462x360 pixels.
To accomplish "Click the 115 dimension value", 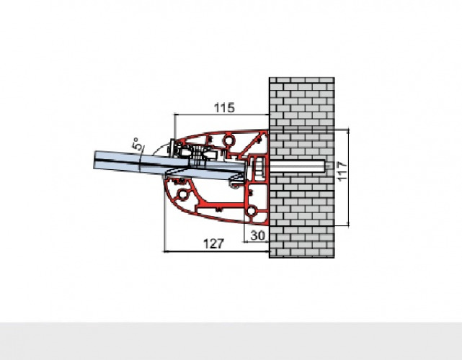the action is pyautogui.click(x=224, y=108).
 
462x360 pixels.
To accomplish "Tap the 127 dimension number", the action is pyautogui.click(x=213, y=244).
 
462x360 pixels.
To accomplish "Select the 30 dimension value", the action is pyautogui.click(x=258, y=235).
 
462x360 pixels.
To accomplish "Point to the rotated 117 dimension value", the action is pyautogui.click(x=342, y=171).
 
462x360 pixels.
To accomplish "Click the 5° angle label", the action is pyautogui.click(x=138, y=144).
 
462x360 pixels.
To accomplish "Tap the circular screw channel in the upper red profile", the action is pyautogui.click(x=228, y=140).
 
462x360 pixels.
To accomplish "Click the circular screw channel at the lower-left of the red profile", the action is pyautogui.click(x=182, y=194).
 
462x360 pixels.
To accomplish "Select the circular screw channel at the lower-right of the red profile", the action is pyautogui.click(x=251, y=211).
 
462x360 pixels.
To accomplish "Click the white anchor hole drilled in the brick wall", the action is pyautogui.click(x=297, y=166).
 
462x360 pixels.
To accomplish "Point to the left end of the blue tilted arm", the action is pyautogui.click(x=94, y=160).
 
